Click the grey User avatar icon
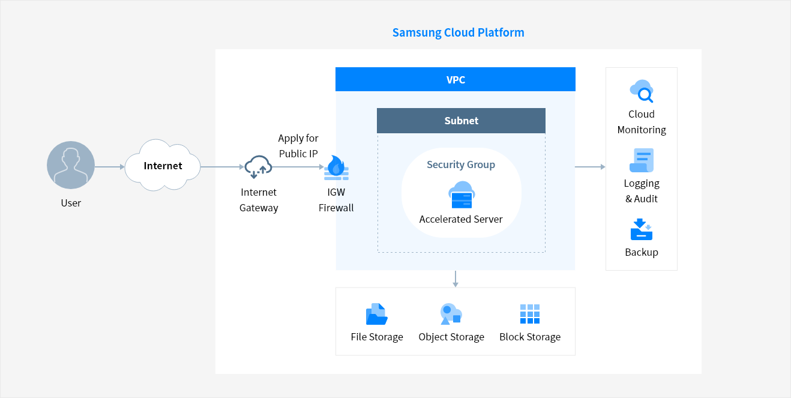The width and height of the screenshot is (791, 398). click(71, 165)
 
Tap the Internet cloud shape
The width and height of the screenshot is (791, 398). click(163, 165)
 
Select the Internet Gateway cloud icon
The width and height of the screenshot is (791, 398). click(258, 167)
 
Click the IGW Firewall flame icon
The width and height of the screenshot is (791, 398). click(336, 167)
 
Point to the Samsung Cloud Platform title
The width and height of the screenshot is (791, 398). click(458, 32)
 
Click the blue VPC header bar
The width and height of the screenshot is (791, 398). click(455, 79)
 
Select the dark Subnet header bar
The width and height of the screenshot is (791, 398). click(461, 121)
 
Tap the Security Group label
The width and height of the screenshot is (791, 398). click(461, 164)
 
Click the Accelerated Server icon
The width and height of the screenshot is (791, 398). click(462, 194)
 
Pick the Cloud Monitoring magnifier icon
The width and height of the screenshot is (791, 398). click(642, 91)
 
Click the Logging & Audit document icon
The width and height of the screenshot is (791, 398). click(642, 160)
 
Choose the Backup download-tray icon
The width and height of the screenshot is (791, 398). click(642, 229)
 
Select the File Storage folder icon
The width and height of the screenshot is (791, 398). click(377, 314)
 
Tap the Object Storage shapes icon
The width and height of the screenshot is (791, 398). click(451, 314)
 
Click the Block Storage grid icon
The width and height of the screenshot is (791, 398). click(530, 314)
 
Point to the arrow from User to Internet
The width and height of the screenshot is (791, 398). click(110, 167)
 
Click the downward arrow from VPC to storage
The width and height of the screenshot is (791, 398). click(456, 279)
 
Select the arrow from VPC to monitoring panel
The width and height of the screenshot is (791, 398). click(591, 167)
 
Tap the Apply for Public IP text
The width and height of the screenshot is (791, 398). click(298, 146)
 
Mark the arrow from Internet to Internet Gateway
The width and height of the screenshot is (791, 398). click(223, 167)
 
